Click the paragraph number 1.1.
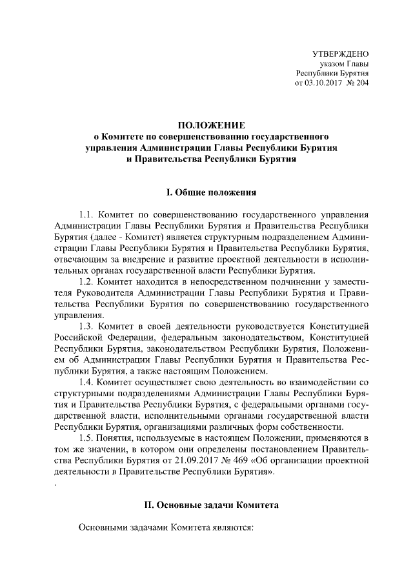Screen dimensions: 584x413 tap(86, 214)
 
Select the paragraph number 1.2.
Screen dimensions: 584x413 tap(86, 281)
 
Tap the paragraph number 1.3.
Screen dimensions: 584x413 tap(86, 327)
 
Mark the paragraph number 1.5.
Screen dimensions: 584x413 tap(86, 439)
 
